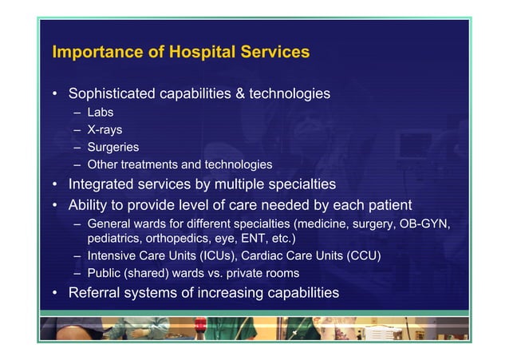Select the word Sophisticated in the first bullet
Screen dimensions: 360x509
click(x=112, y=94)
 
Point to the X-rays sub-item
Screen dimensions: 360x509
click(x=105, y=129)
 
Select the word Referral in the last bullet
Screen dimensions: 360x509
click(x=96, y=293)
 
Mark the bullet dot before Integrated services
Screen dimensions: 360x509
click(x=56, y=185)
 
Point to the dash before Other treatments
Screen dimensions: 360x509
click(x=78, y=165)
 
